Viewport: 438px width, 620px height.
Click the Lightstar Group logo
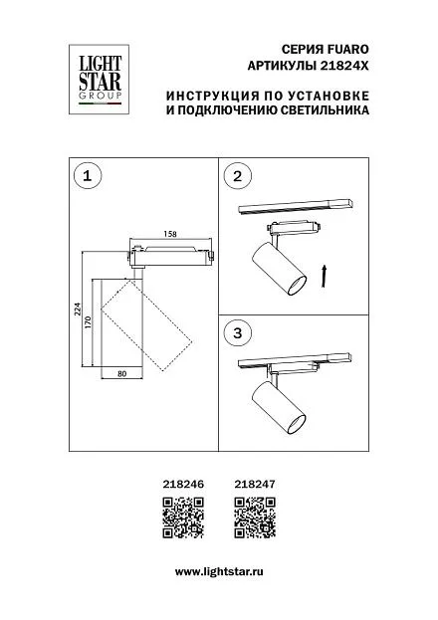tap(99, 79)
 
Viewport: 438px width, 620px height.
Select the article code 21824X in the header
tap(343, 66)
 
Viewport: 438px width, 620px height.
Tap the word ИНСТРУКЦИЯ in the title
tap(211, 97)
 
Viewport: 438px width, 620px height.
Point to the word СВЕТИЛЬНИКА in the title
tap(325, 109)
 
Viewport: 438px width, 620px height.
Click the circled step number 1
tap(88, 175)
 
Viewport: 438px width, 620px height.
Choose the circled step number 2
tap(237, 176)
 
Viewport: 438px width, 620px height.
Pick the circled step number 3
tap(237, 333)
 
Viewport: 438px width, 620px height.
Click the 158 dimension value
tap(170, 234)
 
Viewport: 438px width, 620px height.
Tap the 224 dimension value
tap(78, 310)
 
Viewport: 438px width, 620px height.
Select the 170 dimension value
tap(89, 322)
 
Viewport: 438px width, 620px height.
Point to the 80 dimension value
tap(121, 373)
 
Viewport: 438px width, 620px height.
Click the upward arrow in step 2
tap(324, 276)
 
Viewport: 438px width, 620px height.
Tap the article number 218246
tap(183, 484)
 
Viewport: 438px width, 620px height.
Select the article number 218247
tap(255, 484)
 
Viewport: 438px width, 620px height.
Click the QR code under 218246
tap(183, 517)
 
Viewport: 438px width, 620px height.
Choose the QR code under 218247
tap(255, 517)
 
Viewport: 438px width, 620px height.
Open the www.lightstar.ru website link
tap(219, 572)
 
